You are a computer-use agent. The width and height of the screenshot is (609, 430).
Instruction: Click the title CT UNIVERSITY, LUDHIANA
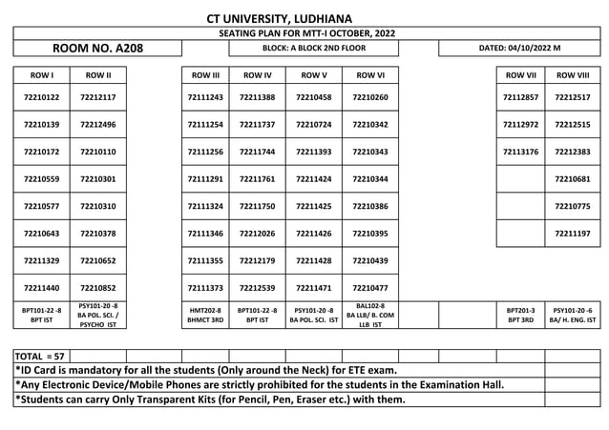point(279,18)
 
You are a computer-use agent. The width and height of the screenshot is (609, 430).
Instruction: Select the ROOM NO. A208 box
point(96,47)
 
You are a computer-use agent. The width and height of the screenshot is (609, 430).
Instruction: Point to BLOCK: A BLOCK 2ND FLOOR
point(314,47)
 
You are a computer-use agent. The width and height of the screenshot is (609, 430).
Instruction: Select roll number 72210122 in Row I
point(41,97)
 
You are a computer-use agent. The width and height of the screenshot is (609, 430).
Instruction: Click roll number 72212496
point(98,125)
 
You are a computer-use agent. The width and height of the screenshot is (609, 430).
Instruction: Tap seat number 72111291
point(206,179)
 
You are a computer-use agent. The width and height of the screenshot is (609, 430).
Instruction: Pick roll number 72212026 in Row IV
point(258,234)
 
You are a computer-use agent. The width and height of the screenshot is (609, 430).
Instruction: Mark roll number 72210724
point(314,125)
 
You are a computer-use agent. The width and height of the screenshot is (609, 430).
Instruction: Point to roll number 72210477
point(370,287)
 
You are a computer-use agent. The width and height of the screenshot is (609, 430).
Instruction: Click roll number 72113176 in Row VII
point(520,152)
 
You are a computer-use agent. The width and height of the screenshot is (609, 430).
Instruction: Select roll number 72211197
point(573,234)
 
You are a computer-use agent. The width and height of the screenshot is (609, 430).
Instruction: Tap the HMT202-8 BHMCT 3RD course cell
point(206,315)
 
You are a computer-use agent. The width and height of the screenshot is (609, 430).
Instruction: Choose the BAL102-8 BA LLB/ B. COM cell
point(370,315)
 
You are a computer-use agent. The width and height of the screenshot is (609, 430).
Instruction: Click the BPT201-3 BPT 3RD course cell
point(520,315)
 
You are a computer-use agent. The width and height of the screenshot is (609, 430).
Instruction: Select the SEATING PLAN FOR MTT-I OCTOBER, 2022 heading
point(279,33)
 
